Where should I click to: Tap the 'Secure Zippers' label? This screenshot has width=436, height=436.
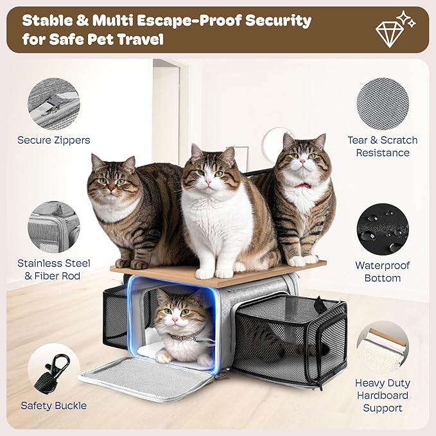[54, 140]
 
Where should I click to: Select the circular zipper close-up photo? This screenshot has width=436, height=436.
[54, 102]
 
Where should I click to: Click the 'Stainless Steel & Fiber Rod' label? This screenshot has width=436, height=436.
[54, 270]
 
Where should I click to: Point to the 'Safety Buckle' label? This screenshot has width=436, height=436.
[54, 405]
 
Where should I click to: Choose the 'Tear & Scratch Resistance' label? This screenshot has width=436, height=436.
[383, 146]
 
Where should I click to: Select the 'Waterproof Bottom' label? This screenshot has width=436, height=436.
[383, 272]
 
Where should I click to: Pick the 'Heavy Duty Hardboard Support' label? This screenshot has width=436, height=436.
[383, 396]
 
